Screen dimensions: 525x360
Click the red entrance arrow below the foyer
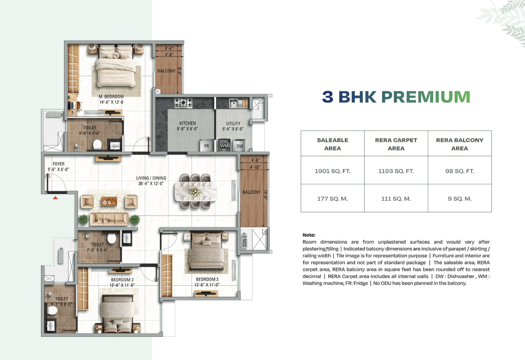tap(55, 198)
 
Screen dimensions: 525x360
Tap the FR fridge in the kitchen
tap(206, 146)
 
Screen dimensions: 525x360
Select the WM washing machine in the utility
tap(224, 146)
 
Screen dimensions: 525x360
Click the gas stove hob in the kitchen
tap(183, 103)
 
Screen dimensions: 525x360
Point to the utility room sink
tap(233, 103)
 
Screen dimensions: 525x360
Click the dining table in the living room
tap(196, 191)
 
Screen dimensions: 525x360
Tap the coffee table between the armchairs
tap(109, 201)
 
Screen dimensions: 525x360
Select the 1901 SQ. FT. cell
tap(332, 171)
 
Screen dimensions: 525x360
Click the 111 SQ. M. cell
tap(396, 199)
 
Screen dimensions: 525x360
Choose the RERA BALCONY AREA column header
tap(459, 144)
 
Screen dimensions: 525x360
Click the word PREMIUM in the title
tap(426, 97)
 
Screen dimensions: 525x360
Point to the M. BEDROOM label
tap(111, 96)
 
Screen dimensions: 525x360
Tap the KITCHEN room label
tap(188, 123)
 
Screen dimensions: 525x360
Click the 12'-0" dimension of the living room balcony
tap(265, 194)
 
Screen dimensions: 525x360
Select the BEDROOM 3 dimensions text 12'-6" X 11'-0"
tap(207, 285)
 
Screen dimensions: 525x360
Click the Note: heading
tap(309, 235)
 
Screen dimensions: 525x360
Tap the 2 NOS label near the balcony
tap(244, 241)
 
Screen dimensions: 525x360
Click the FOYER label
tap(59, 164)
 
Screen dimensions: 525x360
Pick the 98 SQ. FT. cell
tap(459, 171)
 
